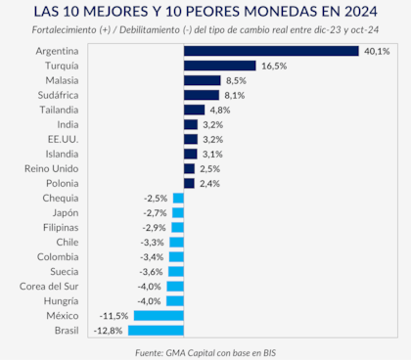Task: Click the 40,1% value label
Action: [x=376, y=50]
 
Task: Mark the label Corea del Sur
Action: [x=51, y=286]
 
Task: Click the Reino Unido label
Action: [x=52, y=168]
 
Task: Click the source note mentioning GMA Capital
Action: [x=205, y=350]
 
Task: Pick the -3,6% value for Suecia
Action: [x=152, y=271]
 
